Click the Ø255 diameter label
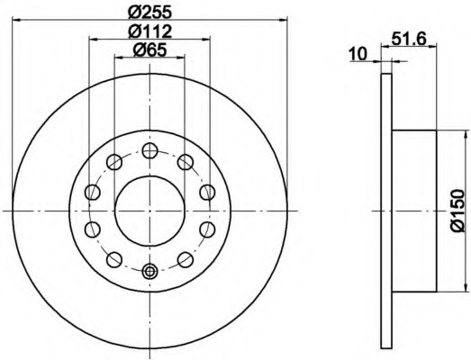point(149,12)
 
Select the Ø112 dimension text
point(149,31)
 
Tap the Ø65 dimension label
point(149,49)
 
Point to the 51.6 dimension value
point(409,39)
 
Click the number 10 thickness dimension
point(358,54)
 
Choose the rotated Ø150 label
point(457,211)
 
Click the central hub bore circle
point(149,211)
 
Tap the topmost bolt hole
point(149,150)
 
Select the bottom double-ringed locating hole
point(149,271)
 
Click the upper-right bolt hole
point(185,162)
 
